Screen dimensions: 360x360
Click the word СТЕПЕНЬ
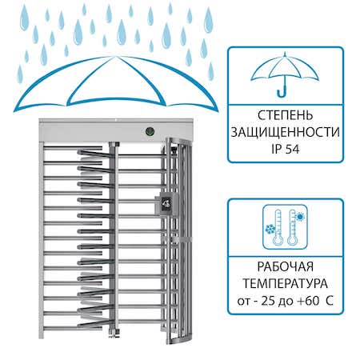286,115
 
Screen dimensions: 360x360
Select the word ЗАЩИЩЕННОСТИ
286,132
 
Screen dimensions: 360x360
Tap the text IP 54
286,149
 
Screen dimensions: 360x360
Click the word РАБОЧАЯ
286,266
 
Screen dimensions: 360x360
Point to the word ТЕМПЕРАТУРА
286,283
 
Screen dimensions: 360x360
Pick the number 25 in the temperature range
268,301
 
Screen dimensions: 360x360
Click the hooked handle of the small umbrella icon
282,90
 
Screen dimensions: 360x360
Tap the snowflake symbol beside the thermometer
270,229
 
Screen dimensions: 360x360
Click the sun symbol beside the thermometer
301,217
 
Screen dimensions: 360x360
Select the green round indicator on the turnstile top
150,131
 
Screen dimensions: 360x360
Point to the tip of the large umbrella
115,57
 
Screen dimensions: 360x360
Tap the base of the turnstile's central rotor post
114,332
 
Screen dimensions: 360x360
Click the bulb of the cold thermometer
278,241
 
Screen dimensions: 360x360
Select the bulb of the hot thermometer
292,241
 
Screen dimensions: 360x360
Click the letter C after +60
330,301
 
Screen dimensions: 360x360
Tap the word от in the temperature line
242,302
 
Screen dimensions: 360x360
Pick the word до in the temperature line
286,302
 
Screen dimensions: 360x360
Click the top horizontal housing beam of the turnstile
116,130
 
